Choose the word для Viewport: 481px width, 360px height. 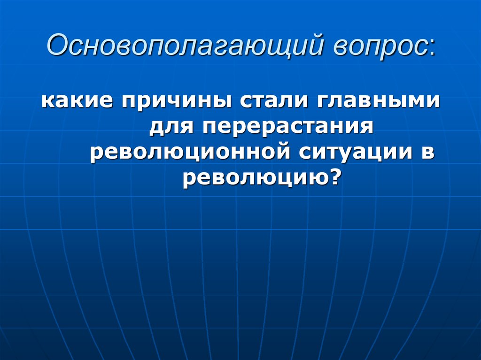pyautogui.click(x=170, y=128)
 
